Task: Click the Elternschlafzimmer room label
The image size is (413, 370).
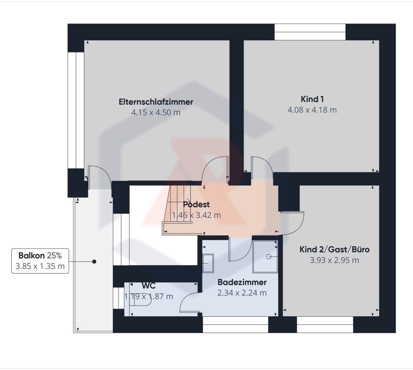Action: coord(156,102)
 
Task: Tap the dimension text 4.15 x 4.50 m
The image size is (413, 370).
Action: coord(156,113)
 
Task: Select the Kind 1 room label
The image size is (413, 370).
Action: coord(312,99)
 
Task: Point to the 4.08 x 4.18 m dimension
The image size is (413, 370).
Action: coord(312,110)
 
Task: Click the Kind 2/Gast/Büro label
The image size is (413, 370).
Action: coord(334,249)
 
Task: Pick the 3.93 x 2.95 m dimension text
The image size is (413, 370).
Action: coord(334,260)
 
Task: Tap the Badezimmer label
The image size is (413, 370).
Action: coord(242,282)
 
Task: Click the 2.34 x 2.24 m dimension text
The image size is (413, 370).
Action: coord(242,293)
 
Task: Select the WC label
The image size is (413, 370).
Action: coord(148,286)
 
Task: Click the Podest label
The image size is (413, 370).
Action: coord(196,205)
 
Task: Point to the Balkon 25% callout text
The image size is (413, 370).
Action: coord(40,255)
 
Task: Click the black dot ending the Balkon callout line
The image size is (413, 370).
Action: coord(94,262)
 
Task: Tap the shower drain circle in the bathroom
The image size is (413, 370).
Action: coord(268,257)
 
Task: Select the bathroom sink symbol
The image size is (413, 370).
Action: coord(208,263)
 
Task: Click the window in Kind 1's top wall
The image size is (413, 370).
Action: coord(310,32)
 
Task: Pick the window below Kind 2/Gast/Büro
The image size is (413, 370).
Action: coord(325,324)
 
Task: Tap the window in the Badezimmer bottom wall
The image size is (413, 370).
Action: coord(236,324)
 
